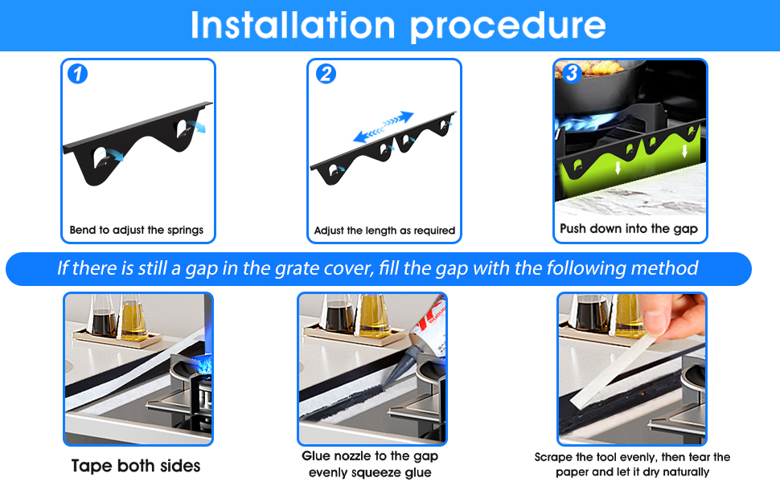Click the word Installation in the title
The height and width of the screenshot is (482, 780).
pyautogui.click(x=293, y=25)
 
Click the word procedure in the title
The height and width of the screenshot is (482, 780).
pyautogui.click(x=508, y=27)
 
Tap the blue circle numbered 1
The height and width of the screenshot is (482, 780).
pyautogui.click(x=78, y=74)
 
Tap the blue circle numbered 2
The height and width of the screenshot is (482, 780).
pyautogui.click(x=326, y=74)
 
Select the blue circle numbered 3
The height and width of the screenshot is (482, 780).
pyautogui.click(x=572, y=73)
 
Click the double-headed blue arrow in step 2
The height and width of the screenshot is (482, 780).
pyautogui.click(x=384, y=127)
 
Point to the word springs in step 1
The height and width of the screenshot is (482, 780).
pyautogui.click(x=185, y=230)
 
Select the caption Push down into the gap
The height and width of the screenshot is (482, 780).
pyautogui.click(x=629, y=229)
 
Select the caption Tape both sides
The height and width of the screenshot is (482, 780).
pyautogui.click(x=136, y=466)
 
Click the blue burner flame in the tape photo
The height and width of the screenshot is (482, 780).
pyautogui.click(x=203, y=368)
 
